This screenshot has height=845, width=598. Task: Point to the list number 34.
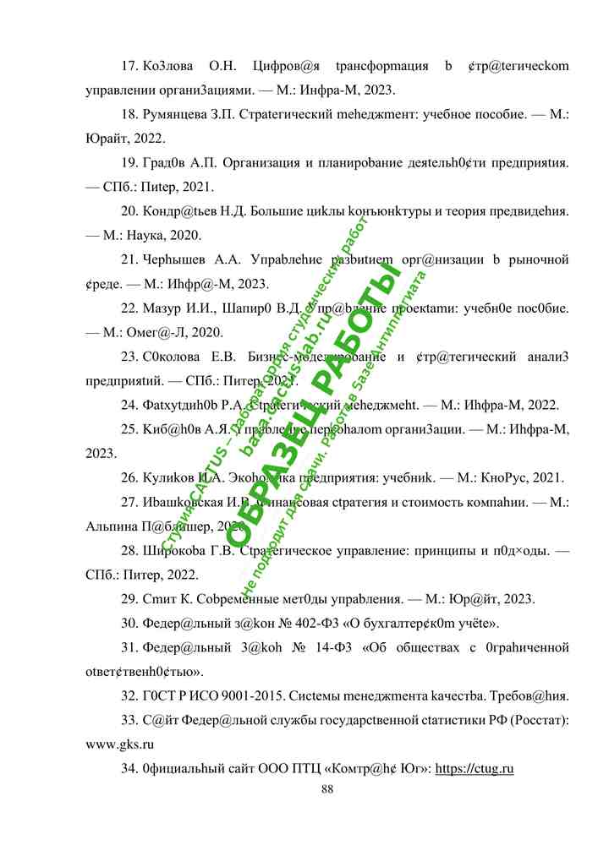click(130, 769)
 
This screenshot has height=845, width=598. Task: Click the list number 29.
click(130, 599)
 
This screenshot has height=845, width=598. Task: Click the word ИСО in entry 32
click(195, 697)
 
